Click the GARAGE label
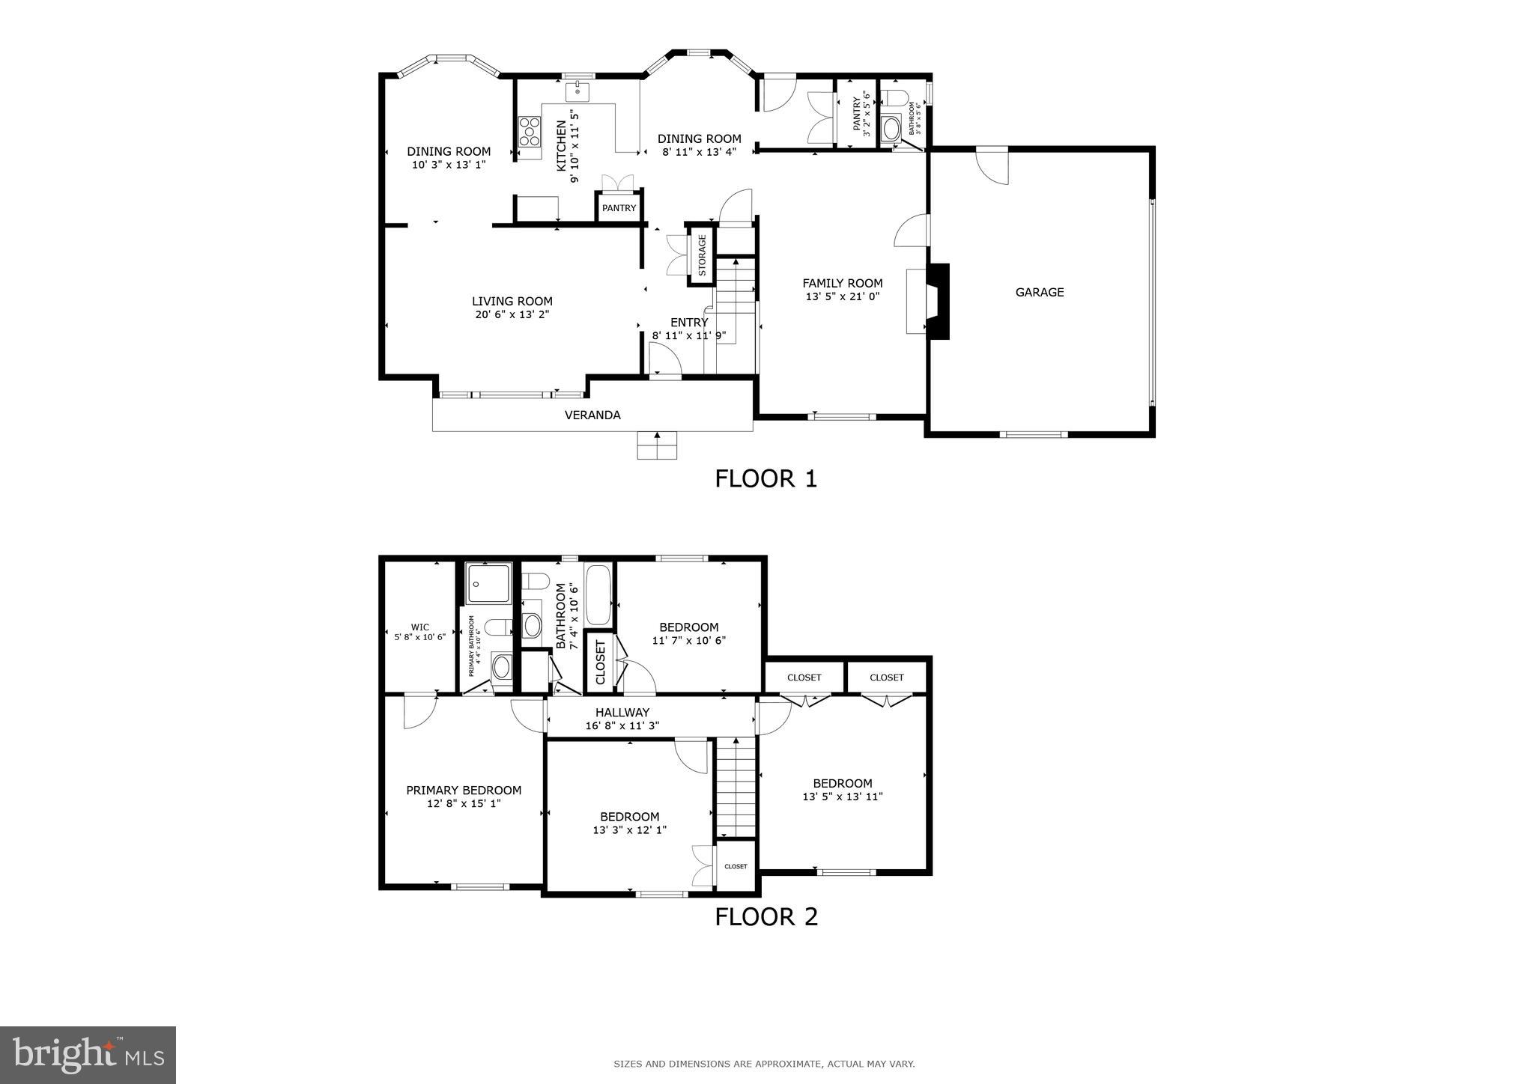[1039, 293]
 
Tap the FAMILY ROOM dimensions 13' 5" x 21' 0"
[842, 296]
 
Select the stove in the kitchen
[530, 131]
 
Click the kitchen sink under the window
[577, 92]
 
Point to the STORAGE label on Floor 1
[702, 255]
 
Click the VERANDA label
[592, 415]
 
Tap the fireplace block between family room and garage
[939, 301]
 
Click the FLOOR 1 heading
[766, 478]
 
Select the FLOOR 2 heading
[766, 916]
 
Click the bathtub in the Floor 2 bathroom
[598, 595]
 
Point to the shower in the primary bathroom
[488, 583]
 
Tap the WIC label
[419, 627]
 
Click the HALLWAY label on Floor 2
[622, 713]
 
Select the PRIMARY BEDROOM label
[463, 791]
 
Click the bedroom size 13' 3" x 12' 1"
[629, 829]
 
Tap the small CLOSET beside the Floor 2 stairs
[736, 866]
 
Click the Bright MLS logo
[88, 1055]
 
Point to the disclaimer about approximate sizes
[764, 1064]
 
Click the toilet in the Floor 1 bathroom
[894, 97]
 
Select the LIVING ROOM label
[512, 302]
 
